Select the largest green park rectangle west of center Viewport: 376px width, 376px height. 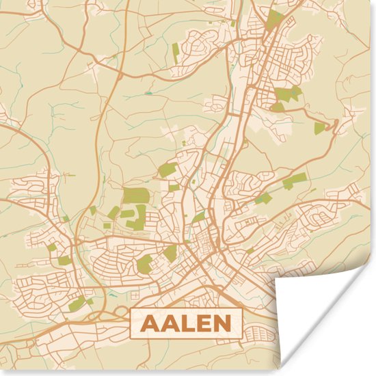(x=135, y=196)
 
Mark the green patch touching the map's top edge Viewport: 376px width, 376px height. (x=274, y=18)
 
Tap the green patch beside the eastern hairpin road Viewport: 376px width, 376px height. (x=319, y=127)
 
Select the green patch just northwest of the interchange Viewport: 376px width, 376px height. (x=77, y=303)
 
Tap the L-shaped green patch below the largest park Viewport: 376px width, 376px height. (x=135, y=219)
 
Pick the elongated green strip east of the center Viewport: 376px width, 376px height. (x=295, y=180)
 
